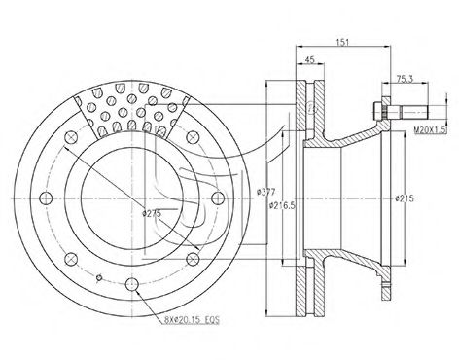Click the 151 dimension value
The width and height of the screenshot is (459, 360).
342,42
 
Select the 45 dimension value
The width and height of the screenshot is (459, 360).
310,59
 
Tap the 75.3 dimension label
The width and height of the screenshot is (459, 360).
405,79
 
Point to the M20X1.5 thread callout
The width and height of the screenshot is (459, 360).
431,130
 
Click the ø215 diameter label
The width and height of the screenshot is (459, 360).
405,198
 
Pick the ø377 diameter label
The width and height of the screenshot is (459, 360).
265,192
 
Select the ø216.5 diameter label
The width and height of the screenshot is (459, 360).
283,205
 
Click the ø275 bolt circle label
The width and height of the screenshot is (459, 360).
152,213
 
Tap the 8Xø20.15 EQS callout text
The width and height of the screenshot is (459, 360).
192,320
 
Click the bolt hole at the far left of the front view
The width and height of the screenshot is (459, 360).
46,198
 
